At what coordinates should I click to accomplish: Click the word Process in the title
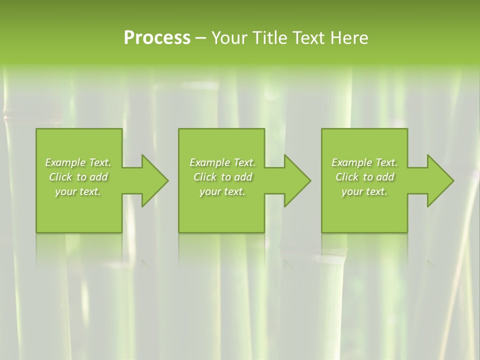click(157, 38)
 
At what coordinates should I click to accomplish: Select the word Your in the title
click(229, 38)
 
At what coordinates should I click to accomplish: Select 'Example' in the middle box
click(209, 162)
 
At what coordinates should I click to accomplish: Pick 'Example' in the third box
click(351, 162)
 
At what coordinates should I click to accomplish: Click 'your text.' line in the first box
click(78, 192)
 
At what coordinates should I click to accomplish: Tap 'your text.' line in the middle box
click(222, 192)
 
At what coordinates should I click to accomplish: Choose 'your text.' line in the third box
click(364, 192)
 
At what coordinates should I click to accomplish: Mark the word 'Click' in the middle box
click(205, 177)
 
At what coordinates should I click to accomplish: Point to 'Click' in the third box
click(347, 177)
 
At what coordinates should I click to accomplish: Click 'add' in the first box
click(99, 177)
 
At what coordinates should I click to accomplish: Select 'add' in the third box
click(386, 177)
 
